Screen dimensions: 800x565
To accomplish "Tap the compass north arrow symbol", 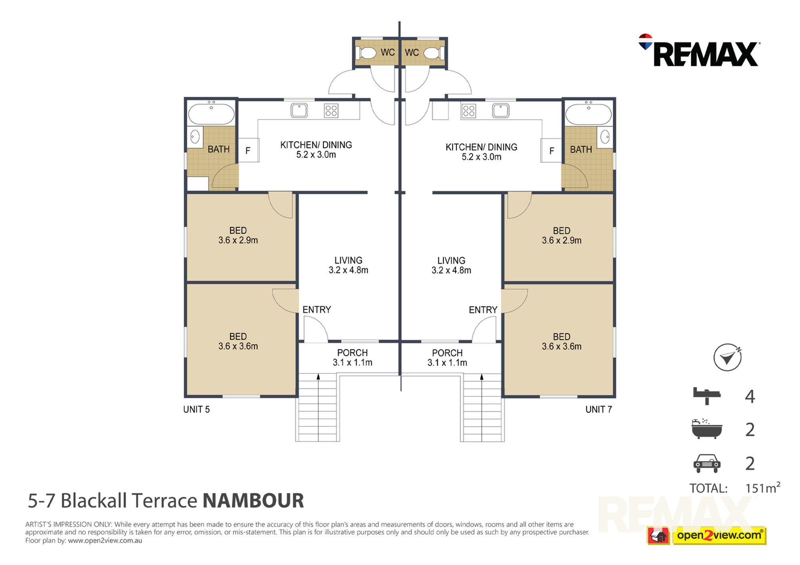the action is click(x=727, y=357).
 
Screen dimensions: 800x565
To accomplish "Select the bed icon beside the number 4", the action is click(x=707, y=395).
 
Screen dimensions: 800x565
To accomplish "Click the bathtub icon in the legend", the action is click(x=707, y=429).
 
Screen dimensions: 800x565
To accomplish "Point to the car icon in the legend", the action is click(x=707, y=463).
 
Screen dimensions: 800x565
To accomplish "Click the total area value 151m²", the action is click(x=763, y=487).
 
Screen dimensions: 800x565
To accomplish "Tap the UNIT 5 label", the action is click(x=196, y=409).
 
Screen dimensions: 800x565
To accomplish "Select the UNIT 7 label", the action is click(x=598, y=409).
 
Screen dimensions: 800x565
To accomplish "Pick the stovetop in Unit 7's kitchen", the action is click(x=469, y=111).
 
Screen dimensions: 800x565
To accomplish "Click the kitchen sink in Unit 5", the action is click(x=299, y=110).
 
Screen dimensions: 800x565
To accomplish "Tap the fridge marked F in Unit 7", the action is click(x=551, y=150).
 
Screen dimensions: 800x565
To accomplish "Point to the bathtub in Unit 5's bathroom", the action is click(x=211, y=114).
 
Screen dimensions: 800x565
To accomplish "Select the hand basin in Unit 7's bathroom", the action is click(x=605, y=137).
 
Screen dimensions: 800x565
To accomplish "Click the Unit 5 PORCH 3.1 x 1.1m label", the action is click(x=352, y=357).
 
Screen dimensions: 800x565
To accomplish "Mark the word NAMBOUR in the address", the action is click(x=253, y=500).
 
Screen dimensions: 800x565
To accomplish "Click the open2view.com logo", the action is click(x=706, y=535).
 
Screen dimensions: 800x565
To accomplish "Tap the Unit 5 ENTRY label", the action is click(x=317, y=309).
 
